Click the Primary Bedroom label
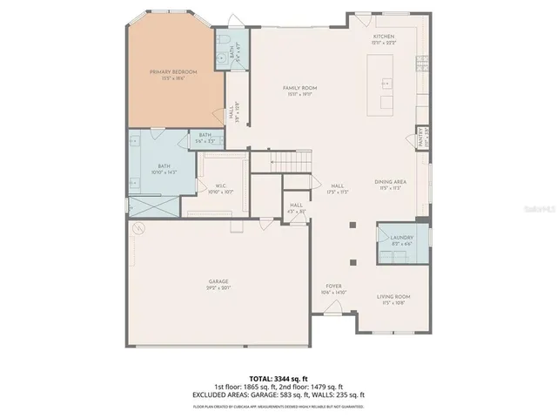(x=173, y=74)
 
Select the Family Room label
(x=299, y=91)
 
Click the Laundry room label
(x=401, y=239)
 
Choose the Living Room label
(x=393, y=300)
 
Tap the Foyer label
(x=333, y=288)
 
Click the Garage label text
(x=218, y=284)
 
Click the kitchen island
(x=381, y=84)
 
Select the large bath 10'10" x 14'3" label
(x=164, y=169)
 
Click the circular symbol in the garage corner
(x=138, y=229)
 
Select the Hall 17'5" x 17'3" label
(x=338, y=189)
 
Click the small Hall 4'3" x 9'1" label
(x=297, y=208)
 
